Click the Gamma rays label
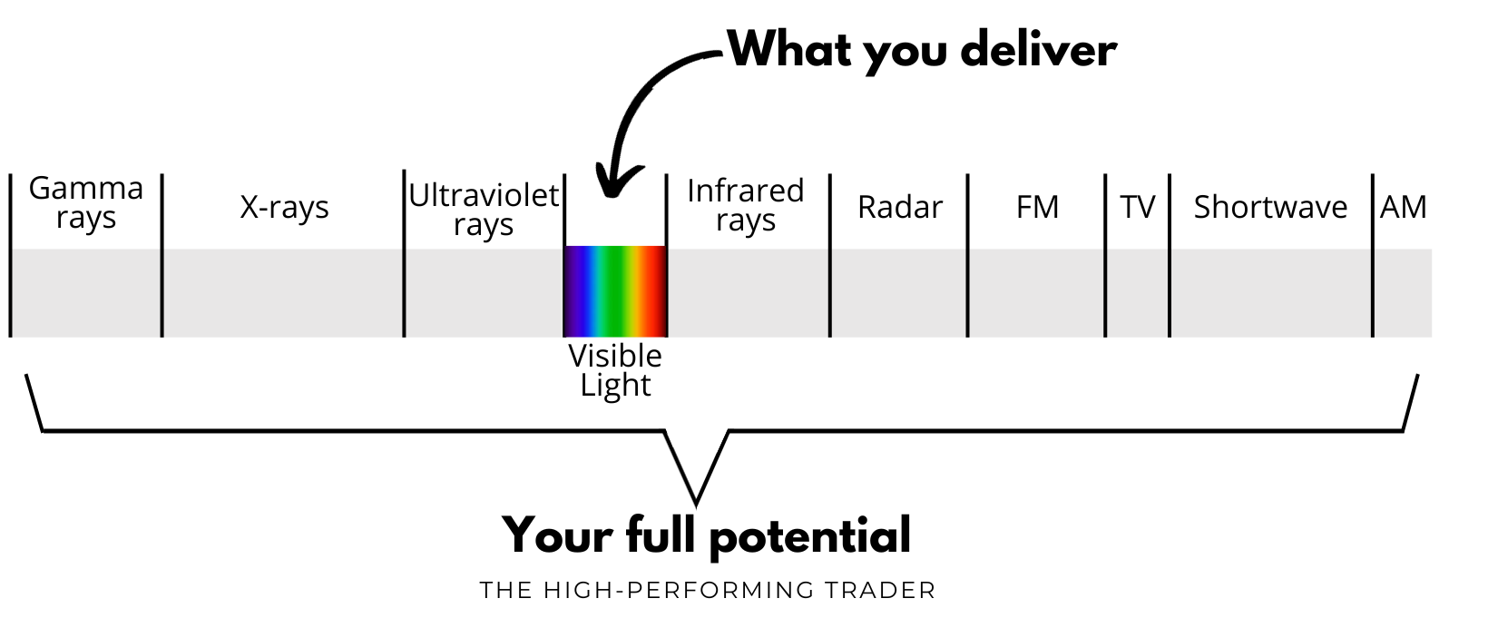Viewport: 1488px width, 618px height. (86, 202)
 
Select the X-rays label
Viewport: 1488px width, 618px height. (284, 207)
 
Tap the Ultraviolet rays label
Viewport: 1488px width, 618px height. (484, 210)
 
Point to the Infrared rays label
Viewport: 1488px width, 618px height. (745, 205)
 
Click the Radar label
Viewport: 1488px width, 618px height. (900, 207)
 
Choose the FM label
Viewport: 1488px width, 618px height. (1037, 207)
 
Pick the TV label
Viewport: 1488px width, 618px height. (1137, 207)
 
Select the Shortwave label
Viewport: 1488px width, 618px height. (1270, 207)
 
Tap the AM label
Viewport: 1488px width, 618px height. (1403, 207)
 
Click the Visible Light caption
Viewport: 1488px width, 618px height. (615, 370)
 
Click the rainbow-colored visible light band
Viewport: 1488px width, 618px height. (615, 291)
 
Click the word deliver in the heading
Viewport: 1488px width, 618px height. (1038, 49)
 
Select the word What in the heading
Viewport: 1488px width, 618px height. (790, 49)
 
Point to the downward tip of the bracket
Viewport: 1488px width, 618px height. (696, 502)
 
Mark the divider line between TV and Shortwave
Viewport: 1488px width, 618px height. (1170, 254)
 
